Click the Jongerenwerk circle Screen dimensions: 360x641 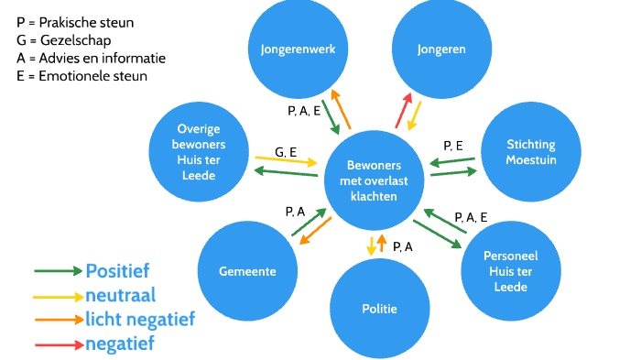291,49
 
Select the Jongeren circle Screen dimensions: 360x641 436,49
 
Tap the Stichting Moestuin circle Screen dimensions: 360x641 530,153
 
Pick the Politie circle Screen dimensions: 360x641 378,309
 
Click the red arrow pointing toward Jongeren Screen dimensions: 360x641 402,111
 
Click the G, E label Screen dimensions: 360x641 286,151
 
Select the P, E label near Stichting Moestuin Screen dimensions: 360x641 453,146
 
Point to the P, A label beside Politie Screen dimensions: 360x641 402,246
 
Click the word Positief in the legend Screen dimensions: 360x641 117,270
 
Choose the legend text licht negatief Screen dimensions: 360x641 139,320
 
